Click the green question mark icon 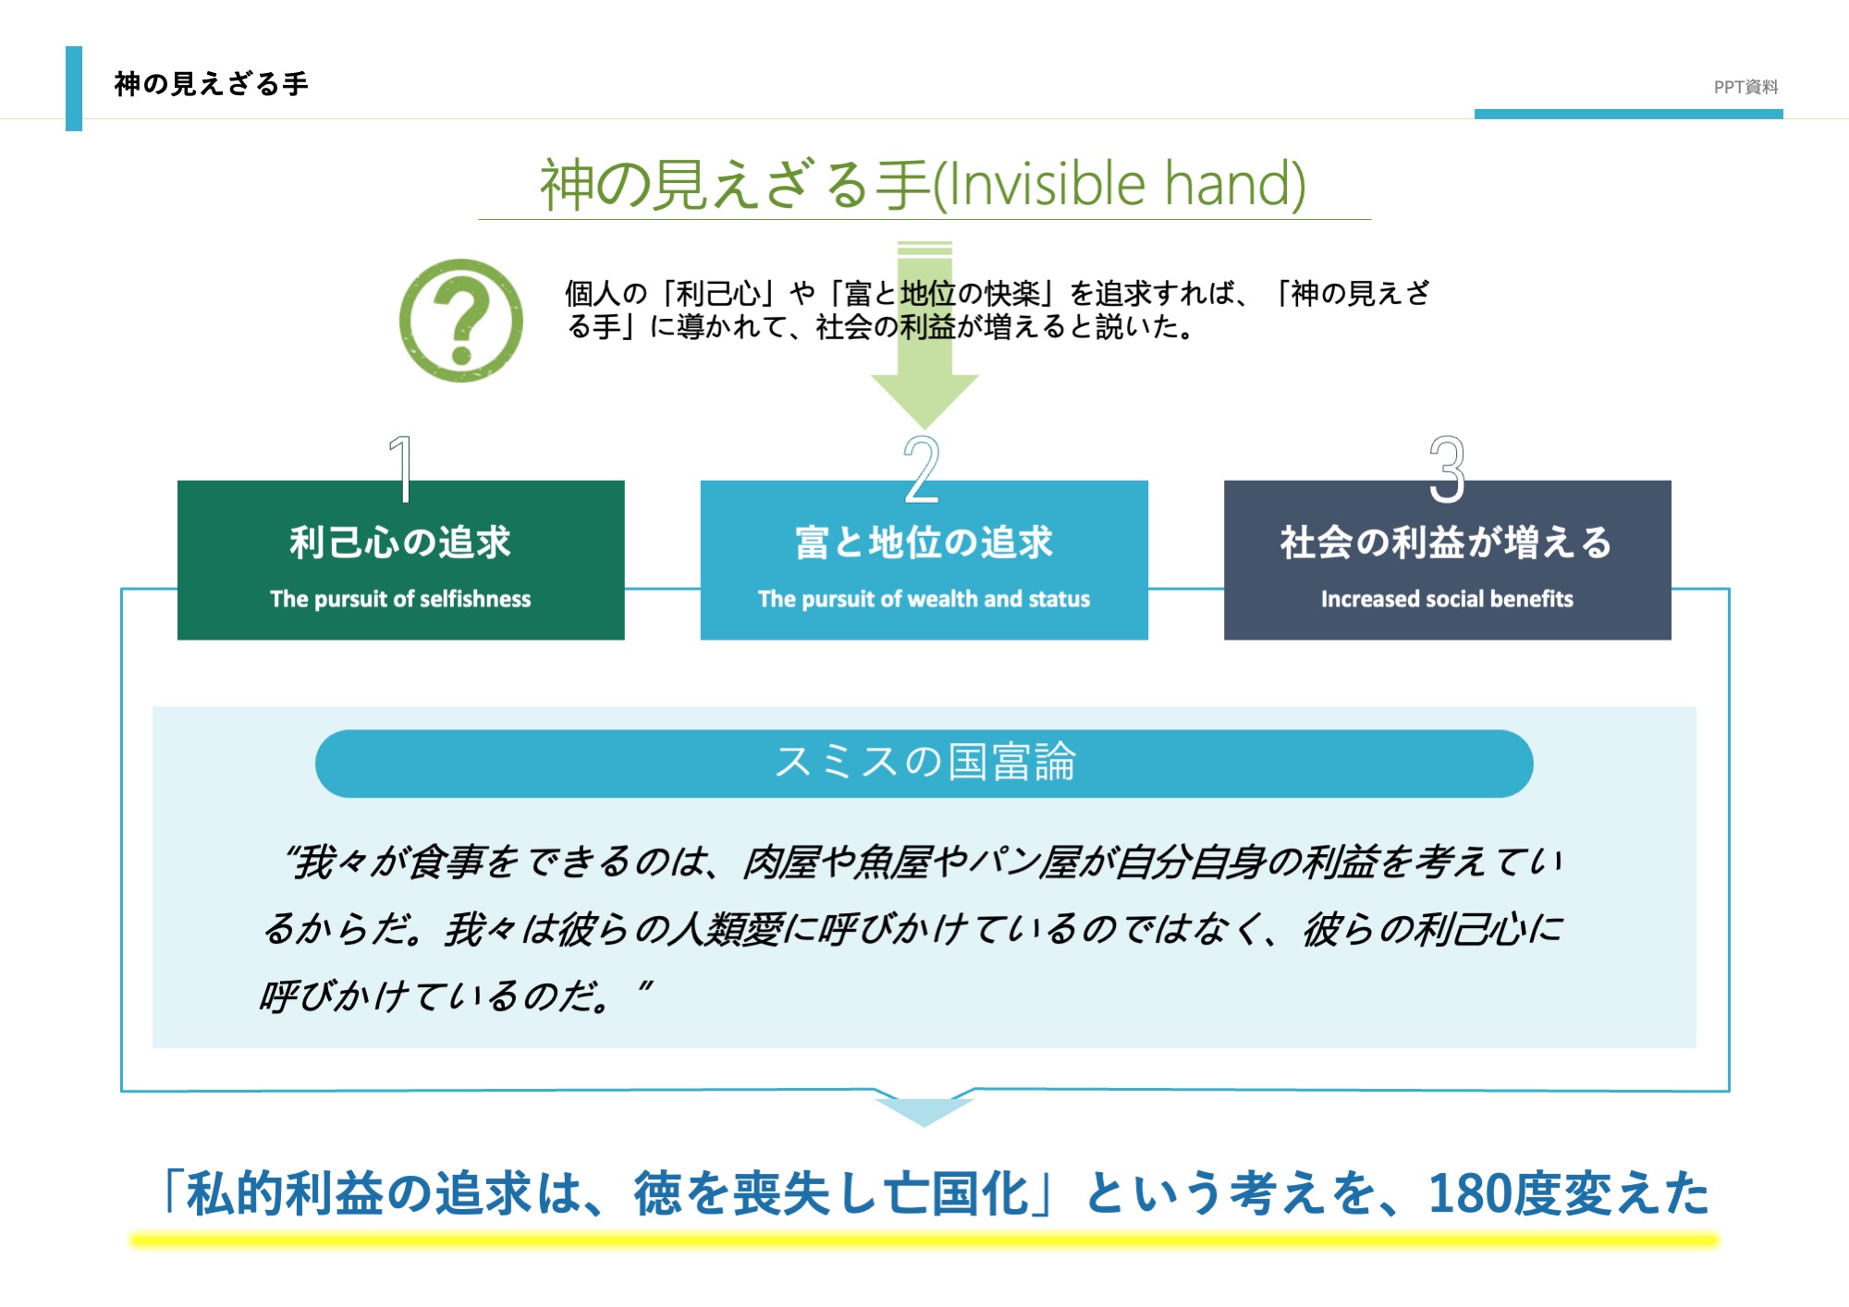(460, 321)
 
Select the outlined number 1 (400, 469)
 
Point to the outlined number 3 (1447, 469)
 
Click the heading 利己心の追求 (400, 543)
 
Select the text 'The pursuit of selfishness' (400, 599)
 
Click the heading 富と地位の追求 (924, 543)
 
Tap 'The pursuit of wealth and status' (924, 599)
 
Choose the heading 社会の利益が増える (1447, 543)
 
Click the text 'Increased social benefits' (1447, 599)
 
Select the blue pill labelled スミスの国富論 (924, 763)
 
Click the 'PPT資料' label (1746, 87)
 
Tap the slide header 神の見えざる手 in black (212, 84)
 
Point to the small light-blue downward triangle (924, 1112)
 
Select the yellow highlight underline (924, 1240)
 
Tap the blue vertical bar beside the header (74, 89)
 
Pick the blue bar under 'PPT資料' (1629, 114)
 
